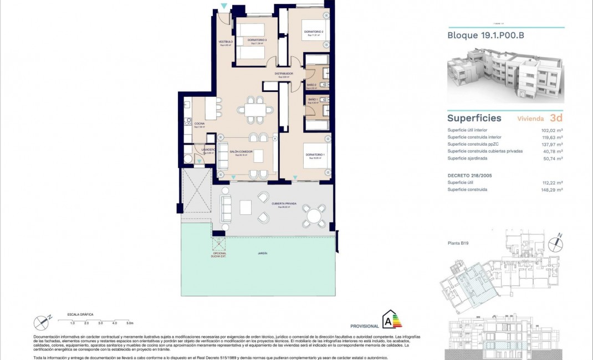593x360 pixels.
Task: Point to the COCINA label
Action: pyautogui.click(x=199, y=124)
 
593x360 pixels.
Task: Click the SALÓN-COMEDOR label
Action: pyautogui.click(x=242, y=152)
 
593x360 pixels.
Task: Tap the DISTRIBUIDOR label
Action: pyautogui.click(x=283, y=74)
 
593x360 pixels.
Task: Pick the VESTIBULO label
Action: pyautogui.click(x=225, y=42)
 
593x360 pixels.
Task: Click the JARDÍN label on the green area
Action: pyautogui.click(x=262, y=253)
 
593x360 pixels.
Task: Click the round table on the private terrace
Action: pyautogui.click(x=314, y=215)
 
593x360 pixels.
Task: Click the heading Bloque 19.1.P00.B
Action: pyautogui.click(x=485, y=35)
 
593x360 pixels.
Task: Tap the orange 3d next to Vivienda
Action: pyautogui.click(x=556, y=118)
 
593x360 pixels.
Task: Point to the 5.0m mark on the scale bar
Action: pyautogui.click(x=129, y=322)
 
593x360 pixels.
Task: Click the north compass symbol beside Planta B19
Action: pyautogui.click(x=554, y=242)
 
